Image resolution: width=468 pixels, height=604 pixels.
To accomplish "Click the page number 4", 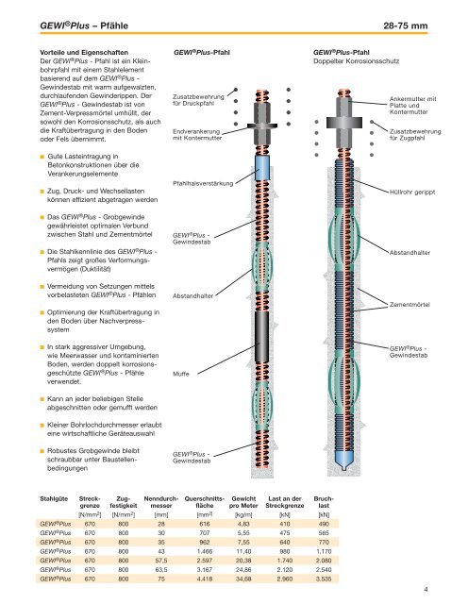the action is click(426, 589).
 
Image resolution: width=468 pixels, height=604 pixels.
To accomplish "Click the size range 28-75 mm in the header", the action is click(405, 25).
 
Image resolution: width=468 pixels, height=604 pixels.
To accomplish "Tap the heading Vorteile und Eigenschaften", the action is click(84, 53).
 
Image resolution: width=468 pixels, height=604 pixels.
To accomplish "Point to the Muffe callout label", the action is click(180, 374).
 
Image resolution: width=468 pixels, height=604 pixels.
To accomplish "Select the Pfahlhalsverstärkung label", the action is click(203, 183).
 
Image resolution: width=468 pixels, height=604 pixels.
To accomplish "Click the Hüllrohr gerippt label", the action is click(412, 192).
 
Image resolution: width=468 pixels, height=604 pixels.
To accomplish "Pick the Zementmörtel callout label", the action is click(409, 304).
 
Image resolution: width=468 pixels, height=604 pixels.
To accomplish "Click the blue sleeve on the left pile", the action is click(262, 168).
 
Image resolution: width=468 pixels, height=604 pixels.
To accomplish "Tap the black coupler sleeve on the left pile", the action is click(262, 337).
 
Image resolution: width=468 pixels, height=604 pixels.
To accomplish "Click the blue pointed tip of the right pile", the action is click(344, 460).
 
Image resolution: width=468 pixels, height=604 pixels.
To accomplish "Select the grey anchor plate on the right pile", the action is click(344, 123).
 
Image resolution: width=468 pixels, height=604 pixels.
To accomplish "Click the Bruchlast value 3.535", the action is click(324, 579).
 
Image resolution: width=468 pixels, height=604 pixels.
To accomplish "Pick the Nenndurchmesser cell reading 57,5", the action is click(161, 561).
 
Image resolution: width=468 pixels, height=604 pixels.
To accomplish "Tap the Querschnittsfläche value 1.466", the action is click(205, 551).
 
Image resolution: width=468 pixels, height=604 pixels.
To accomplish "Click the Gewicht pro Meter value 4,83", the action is click(243, 524).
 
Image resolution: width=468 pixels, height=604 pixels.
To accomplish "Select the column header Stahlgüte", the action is click(54, 498).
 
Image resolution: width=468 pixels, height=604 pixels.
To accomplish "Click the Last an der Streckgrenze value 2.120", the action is click(285, 569).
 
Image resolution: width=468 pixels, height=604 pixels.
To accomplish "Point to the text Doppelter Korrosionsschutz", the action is click(357, 60).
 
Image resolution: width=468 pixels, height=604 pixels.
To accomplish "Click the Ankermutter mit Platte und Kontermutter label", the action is click(413, 105).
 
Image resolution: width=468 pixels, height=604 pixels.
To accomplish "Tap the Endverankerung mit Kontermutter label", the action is click(197, 134).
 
